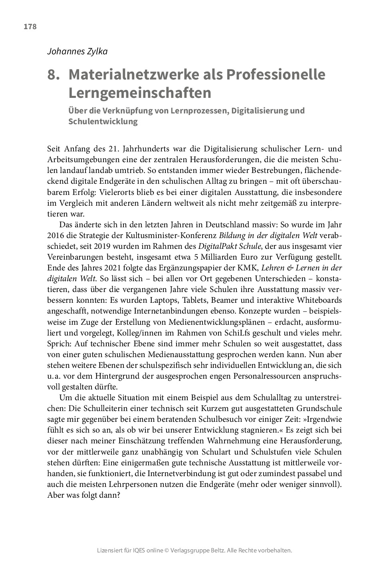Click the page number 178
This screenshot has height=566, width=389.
(x=30, y=27)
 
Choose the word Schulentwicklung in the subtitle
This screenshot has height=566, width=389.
(x=103, y=121)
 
